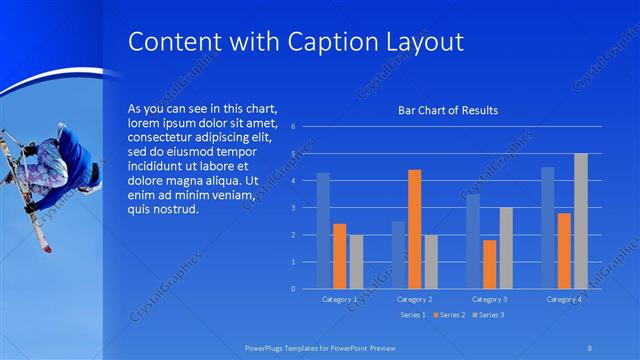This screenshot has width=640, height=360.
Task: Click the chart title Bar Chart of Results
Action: (448, 111)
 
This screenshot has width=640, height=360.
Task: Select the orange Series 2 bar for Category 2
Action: (414, 229)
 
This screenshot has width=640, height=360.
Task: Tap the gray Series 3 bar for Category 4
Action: (580, 221)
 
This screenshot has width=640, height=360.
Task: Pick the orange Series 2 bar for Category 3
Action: (489, 264)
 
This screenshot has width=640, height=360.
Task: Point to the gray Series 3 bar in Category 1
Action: (356, 261)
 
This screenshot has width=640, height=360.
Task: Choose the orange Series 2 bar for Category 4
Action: (564, 251)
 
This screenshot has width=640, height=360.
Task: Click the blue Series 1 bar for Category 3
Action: (473, 241)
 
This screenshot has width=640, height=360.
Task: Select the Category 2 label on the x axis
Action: (414, 299)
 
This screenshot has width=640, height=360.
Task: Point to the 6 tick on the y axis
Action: (292, 127)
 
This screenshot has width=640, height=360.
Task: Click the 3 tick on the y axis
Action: (292, 208)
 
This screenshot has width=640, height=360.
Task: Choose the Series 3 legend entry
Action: (490, 315)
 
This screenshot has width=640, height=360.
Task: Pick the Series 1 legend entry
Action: (413, 315)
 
